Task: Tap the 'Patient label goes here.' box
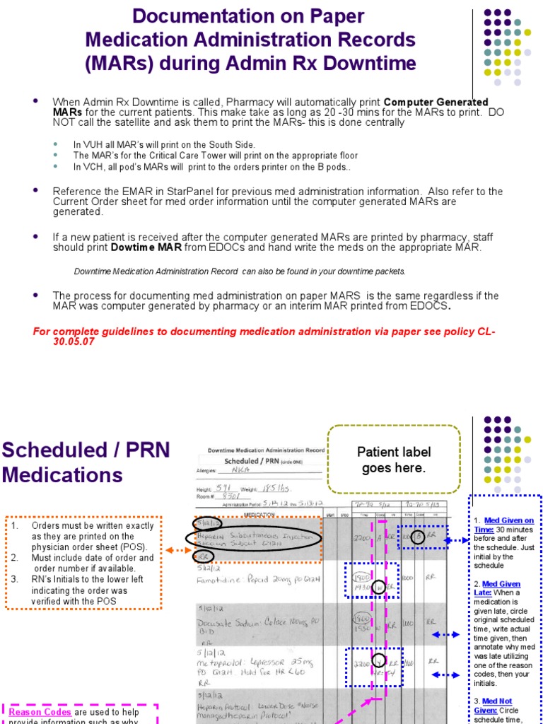[x=394, y=460]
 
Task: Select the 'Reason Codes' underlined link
[x=40, y=712]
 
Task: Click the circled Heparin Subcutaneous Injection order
[x=255, y=539]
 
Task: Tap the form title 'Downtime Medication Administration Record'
[x=266, y=450]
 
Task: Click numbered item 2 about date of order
[x=85, y=563]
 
